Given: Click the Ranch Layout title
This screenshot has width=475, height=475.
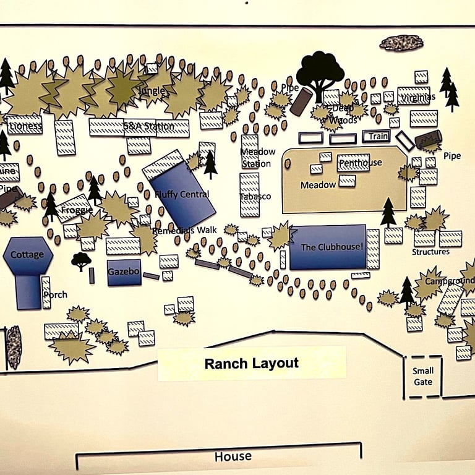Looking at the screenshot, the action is [252, 363].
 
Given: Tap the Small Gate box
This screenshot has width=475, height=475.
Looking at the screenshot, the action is [423, 376].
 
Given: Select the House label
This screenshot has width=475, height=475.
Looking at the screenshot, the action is [233, 456].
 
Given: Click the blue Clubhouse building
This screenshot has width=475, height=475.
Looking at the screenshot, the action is [327, 247].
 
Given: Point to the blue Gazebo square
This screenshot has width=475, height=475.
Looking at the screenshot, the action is [124, 272].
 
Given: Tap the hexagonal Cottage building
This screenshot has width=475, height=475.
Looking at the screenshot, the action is [27, 255].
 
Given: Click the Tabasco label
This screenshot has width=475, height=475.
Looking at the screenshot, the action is [255, 196].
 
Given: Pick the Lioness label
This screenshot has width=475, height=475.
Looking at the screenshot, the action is [26, 126].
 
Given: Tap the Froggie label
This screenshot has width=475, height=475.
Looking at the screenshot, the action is [77, 210].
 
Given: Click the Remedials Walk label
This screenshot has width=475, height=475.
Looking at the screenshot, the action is [184, 230].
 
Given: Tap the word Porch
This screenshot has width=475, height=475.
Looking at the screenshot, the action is [56, 294].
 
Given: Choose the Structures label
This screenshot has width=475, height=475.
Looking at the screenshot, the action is [430, 252].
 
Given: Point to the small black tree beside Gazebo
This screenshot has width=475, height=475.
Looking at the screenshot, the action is [81, 260].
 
